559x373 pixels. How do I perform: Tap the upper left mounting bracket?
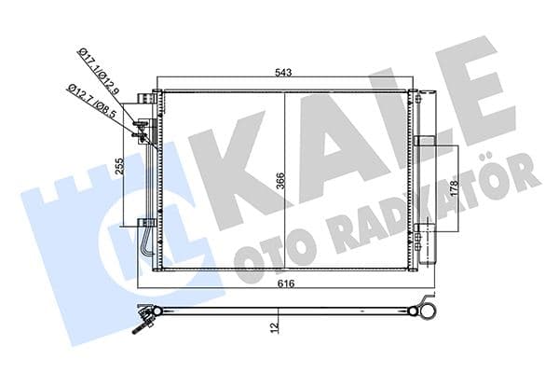coord(145,99)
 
